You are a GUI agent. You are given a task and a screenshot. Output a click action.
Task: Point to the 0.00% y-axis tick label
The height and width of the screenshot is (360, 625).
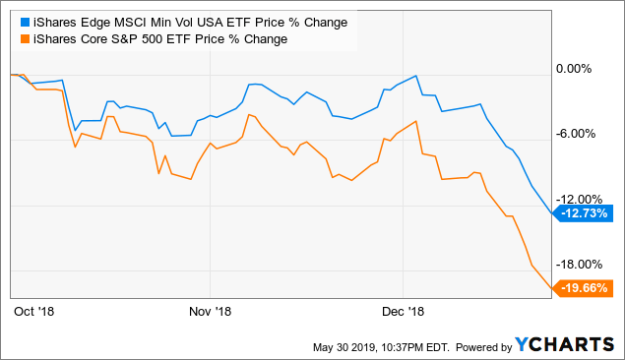[x=579, y=69]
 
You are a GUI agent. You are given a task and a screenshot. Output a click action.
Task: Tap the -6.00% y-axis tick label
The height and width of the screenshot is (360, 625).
[x=578, y=134]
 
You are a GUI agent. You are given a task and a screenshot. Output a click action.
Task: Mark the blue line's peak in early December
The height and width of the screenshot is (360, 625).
[x=418, y=76]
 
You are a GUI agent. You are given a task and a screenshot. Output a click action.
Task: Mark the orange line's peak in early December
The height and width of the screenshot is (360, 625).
[x=417, y=122]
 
